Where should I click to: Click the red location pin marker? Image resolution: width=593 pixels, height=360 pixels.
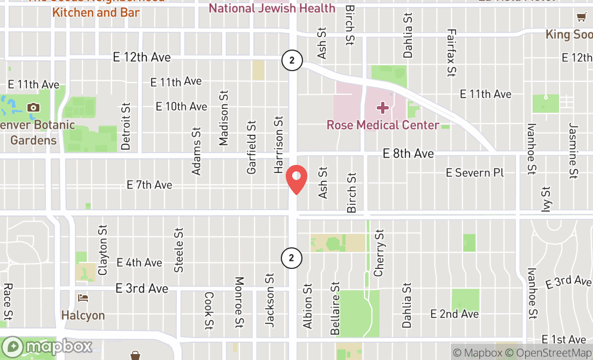(296, 180)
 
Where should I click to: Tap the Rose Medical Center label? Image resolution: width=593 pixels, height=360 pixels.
(383, 125)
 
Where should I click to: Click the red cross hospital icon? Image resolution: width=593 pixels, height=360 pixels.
(383, 108)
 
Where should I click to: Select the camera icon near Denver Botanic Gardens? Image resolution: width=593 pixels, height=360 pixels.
(33, 107)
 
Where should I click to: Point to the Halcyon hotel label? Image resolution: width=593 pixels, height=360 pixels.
(83, 315)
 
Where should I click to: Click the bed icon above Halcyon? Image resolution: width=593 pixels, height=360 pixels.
(83, 298)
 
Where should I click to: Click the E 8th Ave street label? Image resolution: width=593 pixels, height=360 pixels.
(408, 154)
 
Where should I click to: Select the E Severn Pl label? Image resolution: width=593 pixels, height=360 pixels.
(475, 172)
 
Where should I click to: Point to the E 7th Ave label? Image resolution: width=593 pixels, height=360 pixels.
(149, 185)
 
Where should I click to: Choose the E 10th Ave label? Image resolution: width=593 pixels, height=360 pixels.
(181, 106)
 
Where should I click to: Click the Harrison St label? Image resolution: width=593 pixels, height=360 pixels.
(279, 144)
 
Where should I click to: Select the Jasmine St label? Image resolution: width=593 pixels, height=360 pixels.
(573, 150)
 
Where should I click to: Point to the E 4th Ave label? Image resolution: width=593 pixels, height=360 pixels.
(139, 262)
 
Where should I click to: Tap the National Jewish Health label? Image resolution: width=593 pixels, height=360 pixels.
(272, 8)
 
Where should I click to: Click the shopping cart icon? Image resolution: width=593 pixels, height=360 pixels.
(581, 17)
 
